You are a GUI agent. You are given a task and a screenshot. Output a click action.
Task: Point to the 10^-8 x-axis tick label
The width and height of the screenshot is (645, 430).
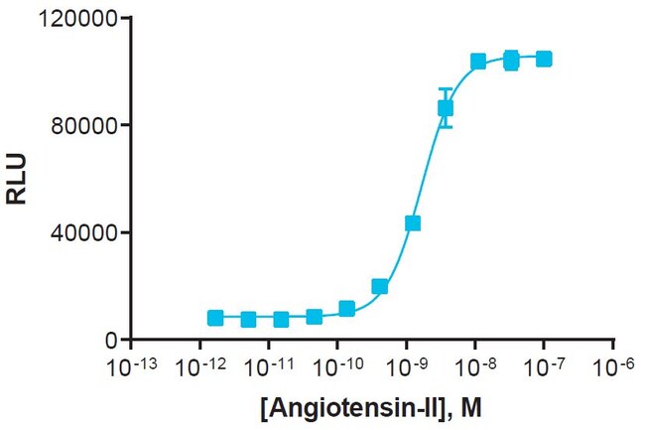coord(474,367)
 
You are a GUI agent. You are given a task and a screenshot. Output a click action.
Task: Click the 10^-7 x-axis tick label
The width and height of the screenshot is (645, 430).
coord(543,367)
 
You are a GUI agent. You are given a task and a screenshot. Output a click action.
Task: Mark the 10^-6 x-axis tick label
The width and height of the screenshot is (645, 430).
coord(612,367)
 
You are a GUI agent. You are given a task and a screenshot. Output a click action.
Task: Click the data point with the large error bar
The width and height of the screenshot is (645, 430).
coord(446,107)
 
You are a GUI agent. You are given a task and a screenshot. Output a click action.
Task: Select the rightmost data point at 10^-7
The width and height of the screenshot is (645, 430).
coord(544,60)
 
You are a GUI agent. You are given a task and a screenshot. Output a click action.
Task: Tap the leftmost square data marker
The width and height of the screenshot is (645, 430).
coord(215,318)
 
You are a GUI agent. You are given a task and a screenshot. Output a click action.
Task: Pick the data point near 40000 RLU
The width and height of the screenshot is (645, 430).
coord(413,223)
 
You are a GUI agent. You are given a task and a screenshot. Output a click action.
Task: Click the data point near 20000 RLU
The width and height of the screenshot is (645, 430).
coord(380,286)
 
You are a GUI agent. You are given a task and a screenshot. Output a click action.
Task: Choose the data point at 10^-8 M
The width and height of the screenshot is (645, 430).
coord(478,62)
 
